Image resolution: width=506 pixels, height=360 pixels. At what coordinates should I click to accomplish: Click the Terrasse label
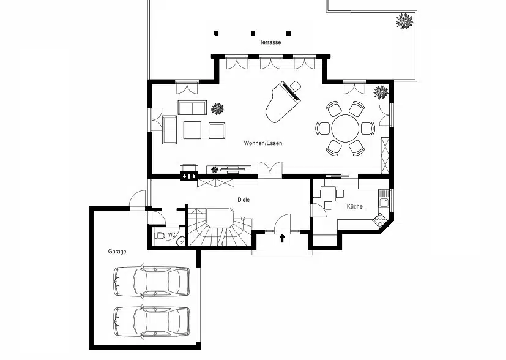pyautogui.click(x=270, y=42)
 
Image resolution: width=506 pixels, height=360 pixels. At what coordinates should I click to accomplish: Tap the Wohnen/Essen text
pyautogui.click(x=262, y=143)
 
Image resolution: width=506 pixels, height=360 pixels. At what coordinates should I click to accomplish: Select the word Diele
pyautogui.click(x=244, y=200)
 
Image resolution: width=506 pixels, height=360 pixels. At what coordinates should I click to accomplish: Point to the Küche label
pyautogui.click(x=354, y=206)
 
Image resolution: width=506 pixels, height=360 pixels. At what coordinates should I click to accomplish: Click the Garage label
pyautogui.click(x=117, y=252)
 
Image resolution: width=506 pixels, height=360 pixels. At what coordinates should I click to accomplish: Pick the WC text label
pyautogui.click(x=172, y=234)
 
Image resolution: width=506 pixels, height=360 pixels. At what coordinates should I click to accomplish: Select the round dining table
pyautogui.click(x=345, y=129)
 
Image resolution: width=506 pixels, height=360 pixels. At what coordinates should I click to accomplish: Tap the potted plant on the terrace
pyautogui.click(x=404, y=22)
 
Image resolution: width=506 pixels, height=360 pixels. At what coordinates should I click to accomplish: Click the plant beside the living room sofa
pyautogui.click(x=218, y=109)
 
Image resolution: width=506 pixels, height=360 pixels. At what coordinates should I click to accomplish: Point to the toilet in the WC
pyautogui.click(x=160, y=236)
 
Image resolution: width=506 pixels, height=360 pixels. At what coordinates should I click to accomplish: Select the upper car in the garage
pyautogui.click(x=151, y=282)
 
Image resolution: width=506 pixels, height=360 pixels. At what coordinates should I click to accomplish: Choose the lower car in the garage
pyautogui.click(x=151, y=320)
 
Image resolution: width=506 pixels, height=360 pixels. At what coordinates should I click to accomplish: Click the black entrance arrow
pyautogui.click(x=282, y=238)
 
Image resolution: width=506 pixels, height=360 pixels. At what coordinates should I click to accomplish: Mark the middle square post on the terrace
pyautogui.click(x=252, y=33)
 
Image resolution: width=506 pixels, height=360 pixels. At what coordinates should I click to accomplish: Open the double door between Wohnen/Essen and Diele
pyautogui.click(x=269, y=170)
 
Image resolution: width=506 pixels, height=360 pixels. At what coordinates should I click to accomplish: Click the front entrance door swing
pyautogui.click(x=282, y=222)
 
